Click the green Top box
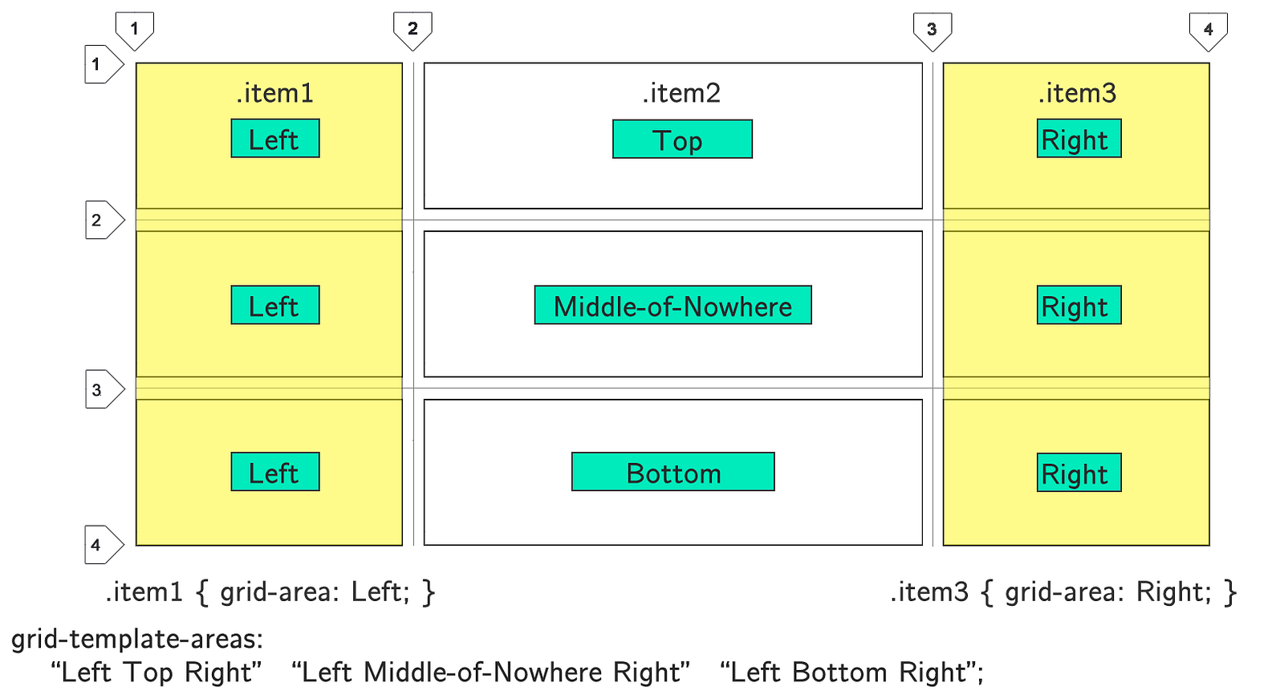point(682,139)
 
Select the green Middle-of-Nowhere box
point(673,305)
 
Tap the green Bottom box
point(673,471)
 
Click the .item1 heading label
point(275,93)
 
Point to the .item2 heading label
point(681,93)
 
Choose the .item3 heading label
point(1078,93)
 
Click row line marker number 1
point(104,64)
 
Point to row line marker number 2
point(105,220)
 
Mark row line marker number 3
point(105,389)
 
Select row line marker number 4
point(104,545)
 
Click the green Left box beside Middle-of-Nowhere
point(275,305)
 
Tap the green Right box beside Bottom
point(1079,473)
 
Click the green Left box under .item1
point(275,138)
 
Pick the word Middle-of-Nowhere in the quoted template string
point(482,672)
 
